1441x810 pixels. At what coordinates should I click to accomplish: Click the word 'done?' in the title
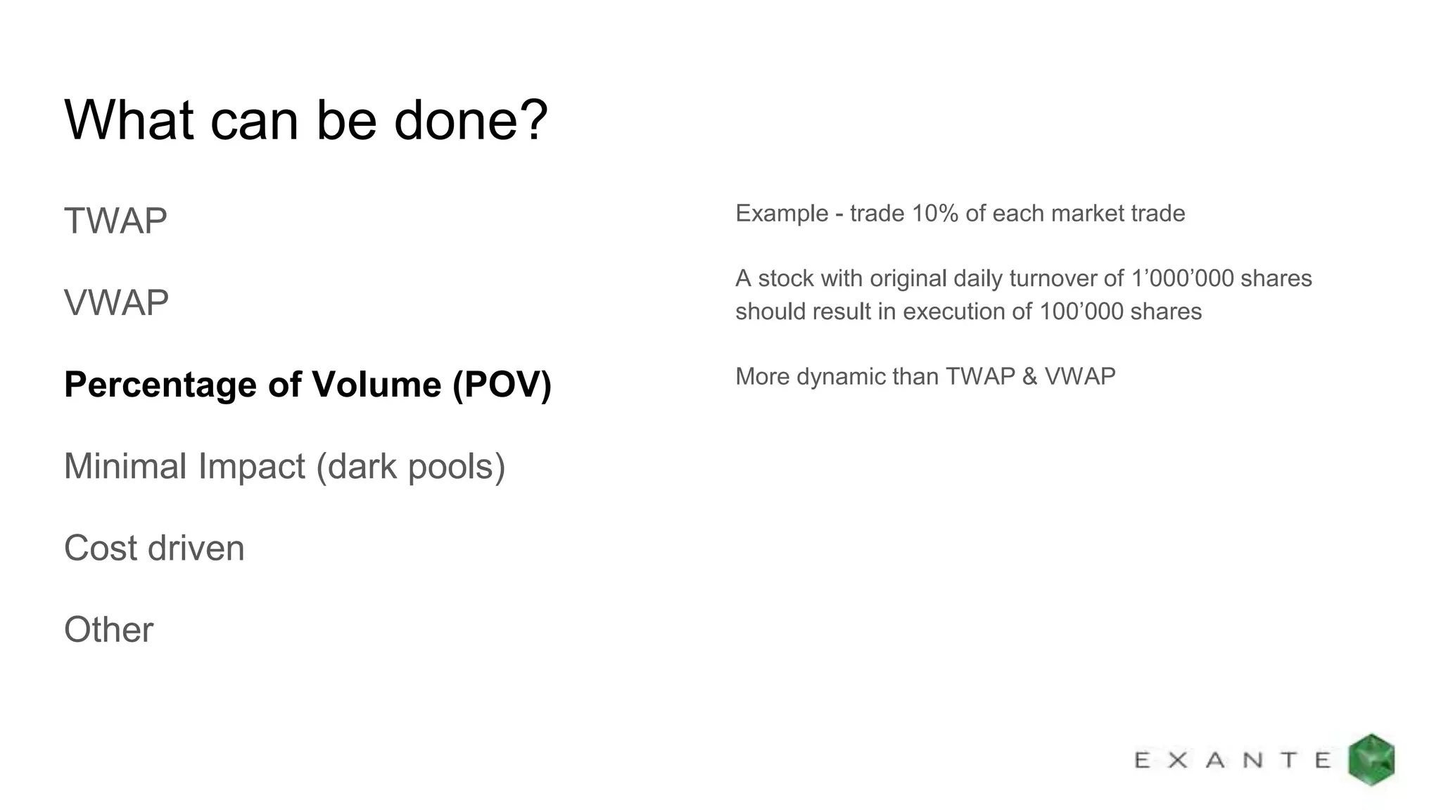[470, 120]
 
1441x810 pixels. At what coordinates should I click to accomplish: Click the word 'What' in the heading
[129, 120]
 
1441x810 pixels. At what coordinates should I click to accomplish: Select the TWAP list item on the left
[115, 221]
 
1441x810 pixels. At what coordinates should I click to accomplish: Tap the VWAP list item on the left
[116, 303]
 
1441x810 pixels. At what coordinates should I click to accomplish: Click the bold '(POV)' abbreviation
[502, 385]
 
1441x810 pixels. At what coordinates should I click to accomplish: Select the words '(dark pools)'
[411, 466]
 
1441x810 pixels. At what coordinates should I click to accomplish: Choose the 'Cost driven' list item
[154, 548]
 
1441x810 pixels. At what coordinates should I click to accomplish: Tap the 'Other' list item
[108, 630]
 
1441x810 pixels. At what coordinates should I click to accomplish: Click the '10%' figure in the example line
[934, 213]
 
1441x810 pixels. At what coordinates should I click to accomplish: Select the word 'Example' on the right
[781, 213]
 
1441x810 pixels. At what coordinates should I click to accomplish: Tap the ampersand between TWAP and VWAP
[1029, 377]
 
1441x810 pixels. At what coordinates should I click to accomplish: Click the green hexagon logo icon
[1371, 759]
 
